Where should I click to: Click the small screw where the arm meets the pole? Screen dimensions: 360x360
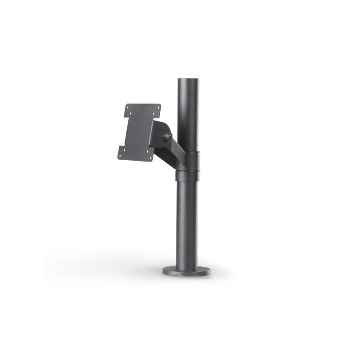pos(177,163)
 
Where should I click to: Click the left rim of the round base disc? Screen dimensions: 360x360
pos(164,271)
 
